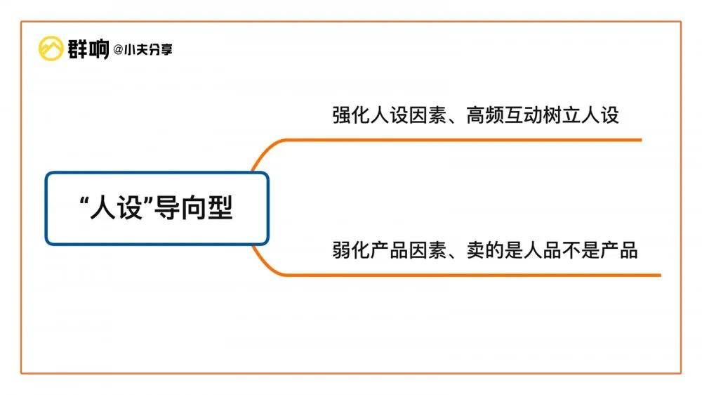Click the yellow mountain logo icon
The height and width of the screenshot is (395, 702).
coord(51,48)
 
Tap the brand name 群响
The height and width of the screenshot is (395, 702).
coord(88,49)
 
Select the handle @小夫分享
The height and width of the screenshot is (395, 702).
coord(143,50)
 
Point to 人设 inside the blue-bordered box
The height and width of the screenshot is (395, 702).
coord(117,209)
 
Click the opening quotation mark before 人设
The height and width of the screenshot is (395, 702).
coord(84,202)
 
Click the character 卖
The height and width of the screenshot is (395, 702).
coord(476,250)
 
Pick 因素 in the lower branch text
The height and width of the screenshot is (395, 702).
coord(428,250)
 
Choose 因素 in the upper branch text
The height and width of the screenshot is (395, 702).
coord(428,115)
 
